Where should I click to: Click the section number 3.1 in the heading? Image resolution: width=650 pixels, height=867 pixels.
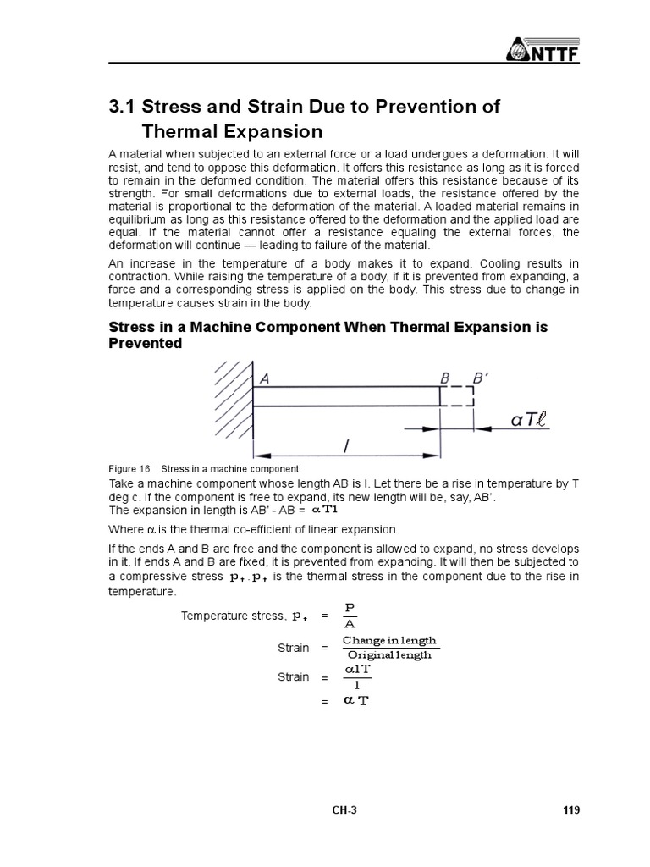(x=123, y=107)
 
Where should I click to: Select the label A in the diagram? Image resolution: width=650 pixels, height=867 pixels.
(x=264, y=380)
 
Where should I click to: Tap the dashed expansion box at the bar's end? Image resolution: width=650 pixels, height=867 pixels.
(x=457, y=396)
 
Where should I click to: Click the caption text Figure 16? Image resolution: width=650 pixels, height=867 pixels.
(x=129, y=469)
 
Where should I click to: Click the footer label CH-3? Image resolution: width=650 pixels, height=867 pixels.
(x=344, y=810)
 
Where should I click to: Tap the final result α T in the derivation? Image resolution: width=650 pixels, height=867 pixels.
(x=355, y=701)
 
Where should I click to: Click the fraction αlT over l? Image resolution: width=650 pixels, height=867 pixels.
(x=356, y=676)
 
